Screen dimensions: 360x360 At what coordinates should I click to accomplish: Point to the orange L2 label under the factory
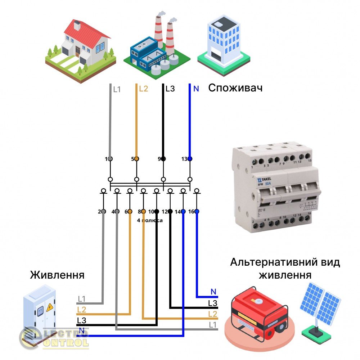[x=143, y=89]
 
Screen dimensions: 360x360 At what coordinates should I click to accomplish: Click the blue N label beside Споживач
[x=196, y=89]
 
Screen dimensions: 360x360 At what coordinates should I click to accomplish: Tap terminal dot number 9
[x=163, y=159]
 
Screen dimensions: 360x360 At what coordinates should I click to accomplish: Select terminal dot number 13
[x=190, y=159]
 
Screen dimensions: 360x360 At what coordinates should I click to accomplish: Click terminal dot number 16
[x=197, y=212]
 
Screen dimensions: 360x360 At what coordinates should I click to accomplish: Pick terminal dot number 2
[x=103, y=212]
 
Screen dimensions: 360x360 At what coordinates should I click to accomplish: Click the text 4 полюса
[x=150, y=220]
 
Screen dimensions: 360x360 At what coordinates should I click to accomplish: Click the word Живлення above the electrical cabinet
[x=57, y=275]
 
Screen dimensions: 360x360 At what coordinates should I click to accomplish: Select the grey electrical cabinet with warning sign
[x=39, y=310]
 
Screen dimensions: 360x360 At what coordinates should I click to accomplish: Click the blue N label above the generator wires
[x=213, y=292]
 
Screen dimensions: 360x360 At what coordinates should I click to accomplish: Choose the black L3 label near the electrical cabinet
[x=81, y=320]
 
